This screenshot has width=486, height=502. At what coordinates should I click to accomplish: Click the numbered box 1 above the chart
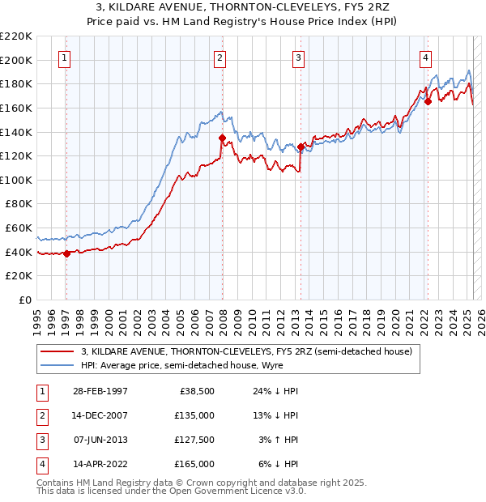(x=63, y=57)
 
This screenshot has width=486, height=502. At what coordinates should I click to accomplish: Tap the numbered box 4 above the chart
(x=425, y=57)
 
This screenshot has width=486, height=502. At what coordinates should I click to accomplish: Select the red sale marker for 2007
(x=221, y=138)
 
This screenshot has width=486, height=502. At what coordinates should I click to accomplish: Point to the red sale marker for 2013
(x=301, y=147)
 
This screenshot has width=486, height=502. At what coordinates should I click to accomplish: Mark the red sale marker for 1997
(x=66, y=253)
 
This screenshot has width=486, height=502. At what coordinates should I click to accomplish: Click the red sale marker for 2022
(x=428, y=102)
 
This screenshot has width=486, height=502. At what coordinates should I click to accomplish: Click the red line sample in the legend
(x=57, y=351)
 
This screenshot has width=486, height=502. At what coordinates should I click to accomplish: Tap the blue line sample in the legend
(x=57, y=365)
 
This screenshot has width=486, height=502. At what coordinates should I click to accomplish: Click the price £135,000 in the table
(x=195, y=415)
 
